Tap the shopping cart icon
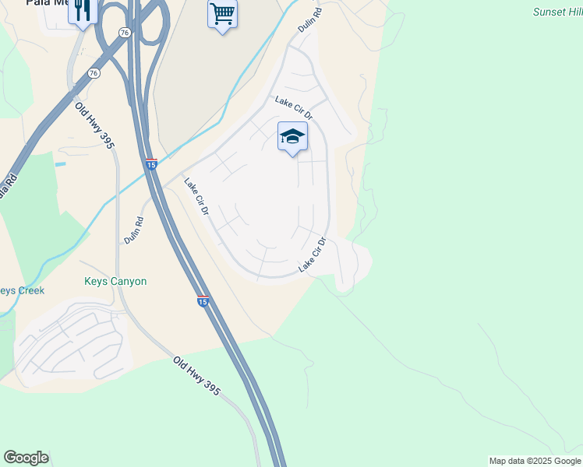[x=222, y=13]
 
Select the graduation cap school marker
[x=292, y=136]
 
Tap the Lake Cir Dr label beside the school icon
[x=293, y=108]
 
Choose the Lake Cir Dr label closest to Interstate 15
[x=196, y=198]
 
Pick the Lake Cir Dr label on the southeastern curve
[x=311, y=256]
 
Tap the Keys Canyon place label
[x=115, y=281]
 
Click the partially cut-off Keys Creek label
[x=22, y=290]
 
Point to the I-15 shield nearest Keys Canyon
[x=202, y=301]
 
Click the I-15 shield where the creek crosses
[x=152, y=164]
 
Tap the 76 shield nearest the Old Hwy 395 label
[x=94, y=73]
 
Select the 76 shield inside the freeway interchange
[x=125, y=32]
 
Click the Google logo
[x=26, y=458]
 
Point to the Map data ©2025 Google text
[x=535, y=461]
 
